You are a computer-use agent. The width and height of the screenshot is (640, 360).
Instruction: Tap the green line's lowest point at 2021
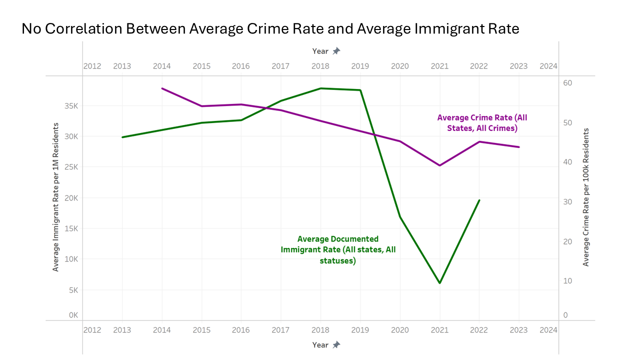click(439, 283)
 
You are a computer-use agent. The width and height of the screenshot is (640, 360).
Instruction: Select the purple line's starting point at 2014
click(162, 88)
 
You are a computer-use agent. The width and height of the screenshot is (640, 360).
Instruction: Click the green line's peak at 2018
click(320, 88)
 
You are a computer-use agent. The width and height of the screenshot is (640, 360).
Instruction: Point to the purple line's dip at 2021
click(439, 165)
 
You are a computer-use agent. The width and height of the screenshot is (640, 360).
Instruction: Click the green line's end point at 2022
click(479, 200)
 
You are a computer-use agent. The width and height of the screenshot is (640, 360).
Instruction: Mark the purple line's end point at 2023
click(519, 147)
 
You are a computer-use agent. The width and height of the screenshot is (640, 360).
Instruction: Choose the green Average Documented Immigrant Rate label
click(338, 250)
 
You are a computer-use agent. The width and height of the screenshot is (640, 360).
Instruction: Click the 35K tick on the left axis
click(70, 106)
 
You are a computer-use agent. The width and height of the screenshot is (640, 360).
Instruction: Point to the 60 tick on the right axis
click(568, 83)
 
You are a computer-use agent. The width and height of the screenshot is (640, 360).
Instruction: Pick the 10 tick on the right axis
click(568, 280)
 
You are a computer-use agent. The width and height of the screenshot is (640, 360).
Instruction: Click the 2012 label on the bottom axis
click(92, 330)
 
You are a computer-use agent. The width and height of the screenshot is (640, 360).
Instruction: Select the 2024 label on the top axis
click(548, 66)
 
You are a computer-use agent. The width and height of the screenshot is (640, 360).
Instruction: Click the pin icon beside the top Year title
click(336, 51)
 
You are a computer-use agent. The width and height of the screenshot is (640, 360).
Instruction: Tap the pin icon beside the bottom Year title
click(336, 344)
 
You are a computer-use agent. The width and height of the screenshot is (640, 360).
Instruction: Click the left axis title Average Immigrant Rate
click(56, 197)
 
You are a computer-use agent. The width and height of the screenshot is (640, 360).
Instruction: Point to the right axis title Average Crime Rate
click(586, 197)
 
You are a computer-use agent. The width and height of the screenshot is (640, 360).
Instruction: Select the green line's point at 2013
click(122, 137)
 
